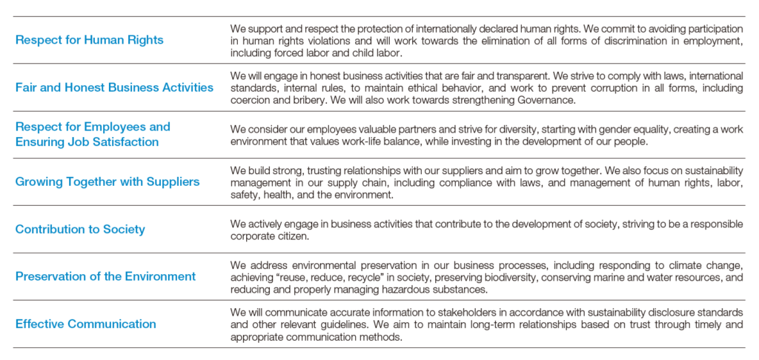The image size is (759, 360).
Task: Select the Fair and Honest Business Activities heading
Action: click(114, 87)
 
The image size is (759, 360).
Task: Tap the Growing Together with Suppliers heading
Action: click(107, 181)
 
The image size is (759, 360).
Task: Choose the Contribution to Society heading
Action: click(80, 229)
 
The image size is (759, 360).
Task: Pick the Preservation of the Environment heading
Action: click(105, 276)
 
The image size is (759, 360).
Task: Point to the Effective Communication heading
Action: click(86, 324)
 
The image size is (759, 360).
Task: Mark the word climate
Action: click(678, 265)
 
